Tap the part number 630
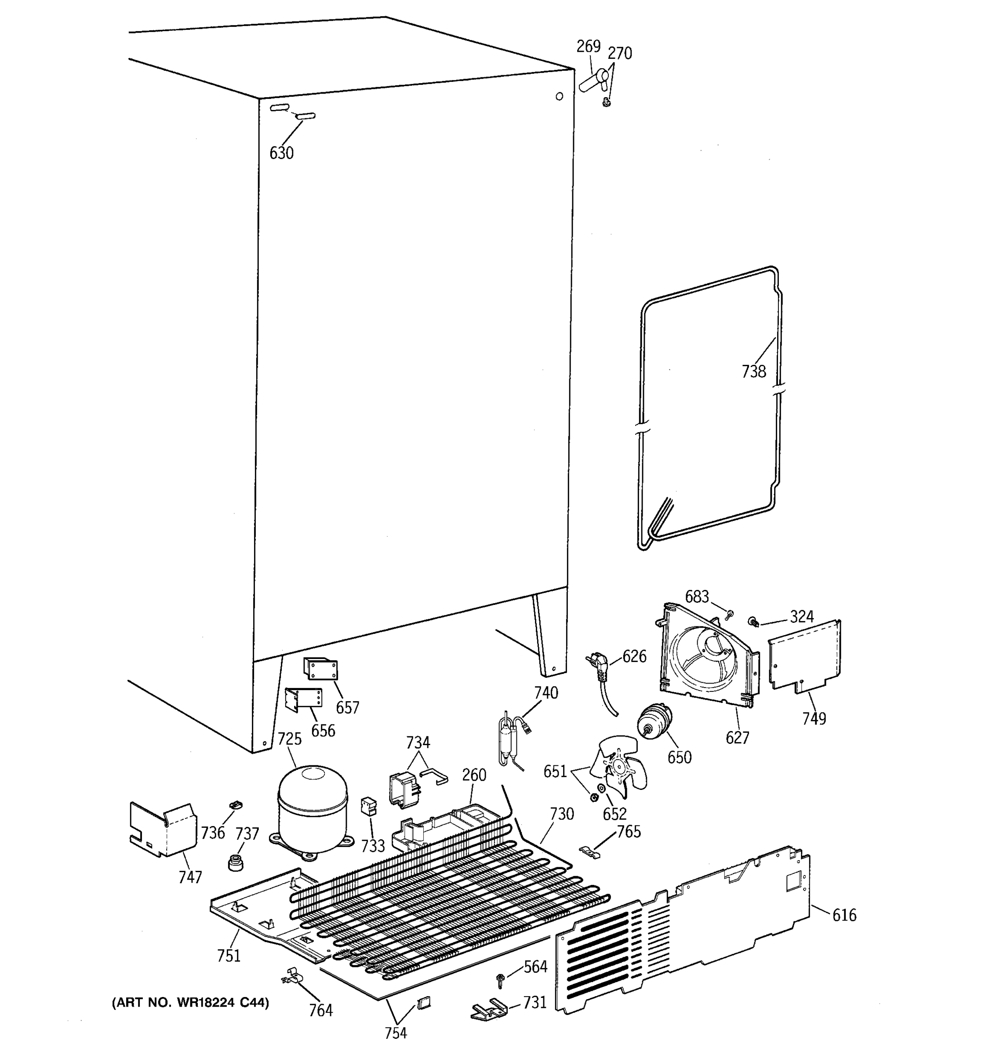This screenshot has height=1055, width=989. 281,153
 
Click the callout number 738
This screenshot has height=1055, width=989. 753,371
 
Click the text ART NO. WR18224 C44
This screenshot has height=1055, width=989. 190,1002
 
